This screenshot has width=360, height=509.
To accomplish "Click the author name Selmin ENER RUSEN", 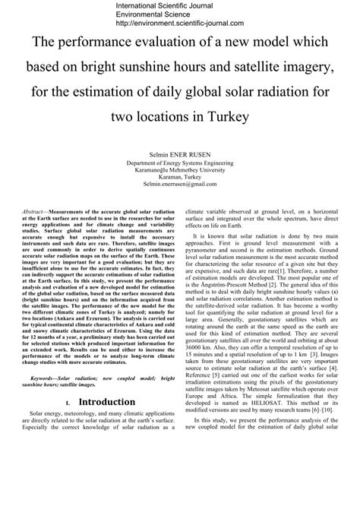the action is (x=180, y=153).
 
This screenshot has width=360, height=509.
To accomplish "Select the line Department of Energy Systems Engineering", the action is (x=180, y=163).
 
